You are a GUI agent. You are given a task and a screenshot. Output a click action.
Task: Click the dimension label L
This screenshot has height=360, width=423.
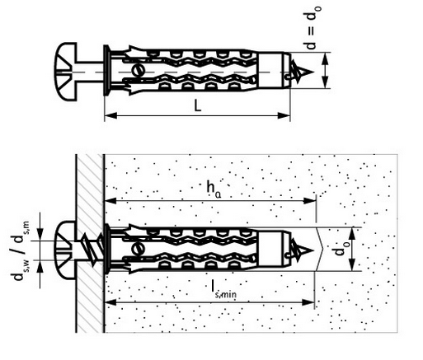[198, 105]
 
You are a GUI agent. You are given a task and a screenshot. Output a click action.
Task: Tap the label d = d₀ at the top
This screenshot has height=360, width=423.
[313, 28]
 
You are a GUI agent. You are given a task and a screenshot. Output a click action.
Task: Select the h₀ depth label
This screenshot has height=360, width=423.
[214, 189]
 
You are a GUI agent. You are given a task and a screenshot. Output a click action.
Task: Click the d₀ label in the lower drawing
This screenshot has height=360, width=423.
[340, 248]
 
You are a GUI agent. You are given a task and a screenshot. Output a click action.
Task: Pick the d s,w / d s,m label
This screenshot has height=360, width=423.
[20, 250]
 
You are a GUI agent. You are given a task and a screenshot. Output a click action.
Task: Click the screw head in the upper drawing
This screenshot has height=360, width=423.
[65, 72]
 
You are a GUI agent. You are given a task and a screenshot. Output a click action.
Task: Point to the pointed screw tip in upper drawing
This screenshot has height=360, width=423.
[303, 72]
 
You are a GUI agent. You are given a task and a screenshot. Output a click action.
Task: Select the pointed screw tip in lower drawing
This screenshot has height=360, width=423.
[303, 250]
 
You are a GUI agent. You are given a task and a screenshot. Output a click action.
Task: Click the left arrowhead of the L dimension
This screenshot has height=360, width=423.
[110, 115]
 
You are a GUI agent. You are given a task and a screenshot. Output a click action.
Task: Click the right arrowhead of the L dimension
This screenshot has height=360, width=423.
[284, 115]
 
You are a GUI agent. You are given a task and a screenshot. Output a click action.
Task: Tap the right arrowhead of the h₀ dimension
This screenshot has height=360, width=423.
[310, 201]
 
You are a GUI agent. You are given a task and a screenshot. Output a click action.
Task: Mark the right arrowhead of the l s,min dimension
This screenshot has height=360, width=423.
[308, 302]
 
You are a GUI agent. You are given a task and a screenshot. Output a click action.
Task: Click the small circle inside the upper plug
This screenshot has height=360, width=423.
[138, 70]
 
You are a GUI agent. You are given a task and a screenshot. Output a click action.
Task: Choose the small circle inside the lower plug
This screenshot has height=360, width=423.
[138, 249]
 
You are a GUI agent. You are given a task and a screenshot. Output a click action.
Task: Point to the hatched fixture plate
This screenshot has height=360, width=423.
[90, 243]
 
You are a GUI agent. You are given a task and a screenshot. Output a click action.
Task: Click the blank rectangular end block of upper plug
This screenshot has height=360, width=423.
[271, 70]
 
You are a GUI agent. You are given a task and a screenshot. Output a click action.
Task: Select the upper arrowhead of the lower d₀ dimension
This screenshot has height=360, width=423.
[353, 234]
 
